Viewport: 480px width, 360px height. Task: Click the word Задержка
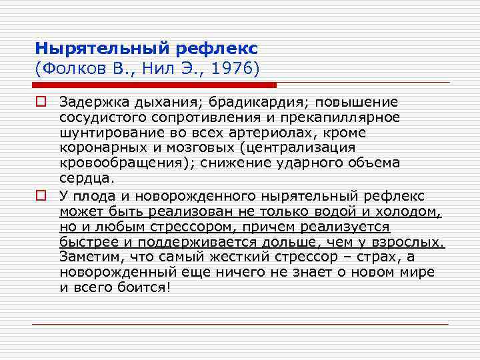(87, 102)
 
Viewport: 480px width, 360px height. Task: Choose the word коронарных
(98, 148)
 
